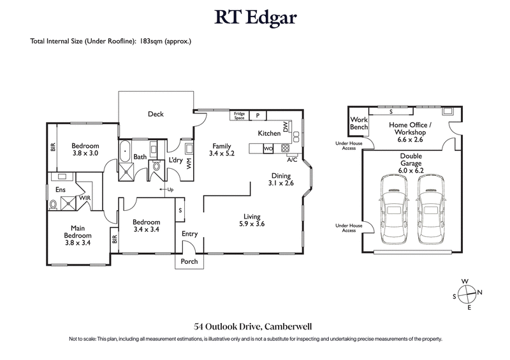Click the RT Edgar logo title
(255, 18)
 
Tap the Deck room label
(156, 115)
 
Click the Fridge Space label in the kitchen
(240, 115)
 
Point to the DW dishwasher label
(286, 127)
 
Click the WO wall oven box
(268, 148)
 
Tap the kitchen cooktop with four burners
(285, 148)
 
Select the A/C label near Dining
(292, 160)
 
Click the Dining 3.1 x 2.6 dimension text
(280, 184)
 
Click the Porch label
(189, 262)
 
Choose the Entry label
(190, 234)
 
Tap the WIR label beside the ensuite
(84, 198)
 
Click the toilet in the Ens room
(54, 204)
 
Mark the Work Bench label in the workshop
(359, 123)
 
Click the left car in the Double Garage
(394, 210)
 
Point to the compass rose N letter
(480, 292)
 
